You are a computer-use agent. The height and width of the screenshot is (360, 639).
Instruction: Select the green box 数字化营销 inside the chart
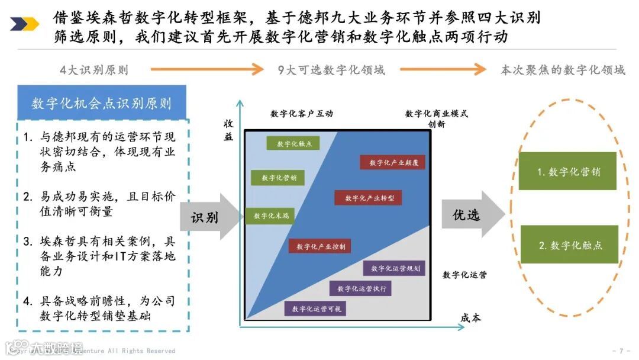click(x=274, y=178)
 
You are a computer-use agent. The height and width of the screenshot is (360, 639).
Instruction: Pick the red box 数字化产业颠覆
click(x=392, y=162)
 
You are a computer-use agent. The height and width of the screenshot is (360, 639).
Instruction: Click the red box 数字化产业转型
click(x=368, y=198)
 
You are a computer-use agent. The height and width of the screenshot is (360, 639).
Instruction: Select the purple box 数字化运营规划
click(x=394, y=268)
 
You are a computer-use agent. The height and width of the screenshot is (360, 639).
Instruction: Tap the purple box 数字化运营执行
click(x=360, y=288)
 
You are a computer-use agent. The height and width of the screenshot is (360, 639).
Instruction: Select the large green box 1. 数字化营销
click(x=568, y=172)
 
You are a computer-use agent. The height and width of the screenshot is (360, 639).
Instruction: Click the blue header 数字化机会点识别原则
click(x=102, y=104)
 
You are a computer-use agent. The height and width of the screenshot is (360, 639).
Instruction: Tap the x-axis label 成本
click(x=470, y=318)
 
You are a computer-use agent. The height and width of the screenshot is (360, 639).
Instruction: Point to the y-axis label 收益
click(x=228, y=130)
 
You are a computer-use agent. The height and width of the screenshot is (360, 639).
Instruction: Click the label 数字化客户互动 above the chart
click(x=302, y=114)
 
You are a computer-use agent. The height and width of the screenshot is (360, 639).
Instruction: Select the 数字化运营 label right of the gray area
click(x=464, y=275)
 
